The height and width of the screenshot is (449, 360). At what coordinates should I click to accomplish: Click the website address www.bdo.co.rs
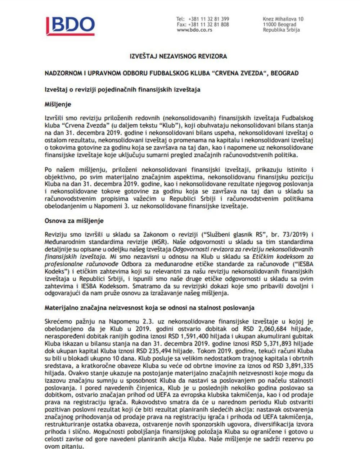(x=194, y=30)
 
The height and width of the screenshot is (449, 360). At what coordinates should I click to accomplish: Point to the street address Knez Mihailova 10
(x=283, y=19)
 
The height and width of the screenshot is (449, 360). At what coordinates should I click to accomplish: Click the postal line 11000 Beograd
(x=280, y=25)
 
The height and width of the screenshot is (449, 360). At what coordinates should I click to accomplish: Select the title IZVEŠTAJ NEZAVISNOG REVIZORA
(x=178, y=57)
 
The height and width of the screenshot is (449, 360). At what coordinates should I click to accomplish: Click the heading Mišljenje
(x=58, y=105)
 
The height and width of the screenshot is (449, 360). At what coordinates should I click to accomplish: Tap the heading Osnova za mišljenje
(x=74, y=221)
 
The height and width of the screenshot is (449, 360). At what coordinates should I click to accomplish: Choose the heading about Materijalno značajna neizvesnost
(x=149, y=308)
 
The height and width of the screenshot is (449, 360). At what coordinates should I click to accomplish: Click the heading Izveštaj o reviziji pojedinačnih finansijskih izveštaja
(x=122, y=89)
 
